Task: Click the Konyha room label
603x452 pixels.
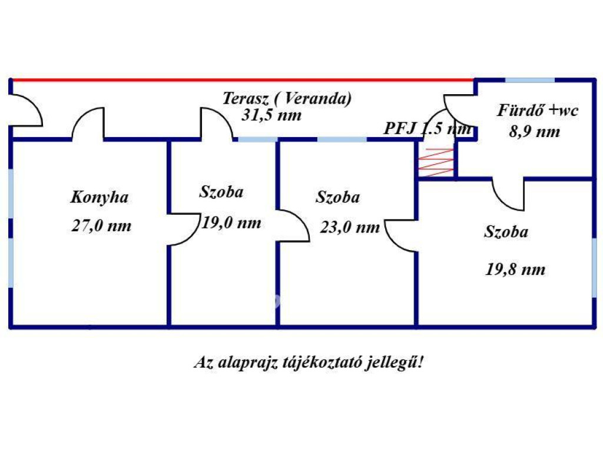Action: click(x=100, y=197)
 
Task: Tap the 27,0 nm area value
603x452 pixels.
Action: click(x=101, y=226)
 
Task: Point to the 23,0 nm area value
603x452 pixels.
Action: click(x=350, y=227)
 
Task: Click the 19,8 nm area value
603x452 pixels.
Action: click(x=515, y=270)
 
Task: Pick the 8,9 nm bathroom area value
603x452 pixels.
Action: click(x=534, y=131)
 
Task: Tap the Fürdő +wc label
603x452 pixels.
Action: click(x=538, y=110)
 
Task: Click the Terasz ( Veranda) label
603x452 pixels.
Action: click(x=287, y=98)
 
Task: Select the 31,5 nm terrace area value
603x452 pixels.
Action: click(x=271, y=115)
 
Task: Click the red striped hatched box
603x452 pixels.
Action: click(x=436, y=162)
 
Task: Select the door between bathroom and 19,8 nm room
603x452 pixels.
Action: click(x=508, y=194)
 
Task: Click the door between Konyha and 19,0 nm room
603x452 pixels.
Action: click(x=183, y=230)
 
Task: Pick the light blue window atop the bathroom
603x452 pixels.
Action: click(x=530, y=80)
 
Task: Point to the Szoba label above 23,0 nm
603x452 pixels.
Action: click(x=337, y=197)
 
